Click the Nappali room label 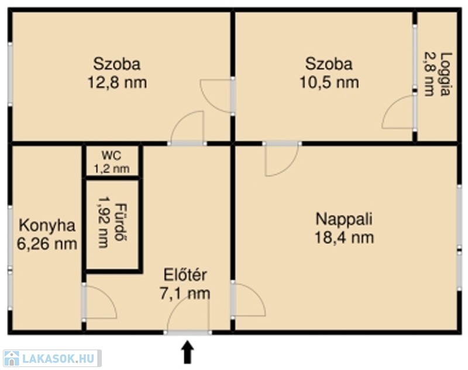tap(344, 219)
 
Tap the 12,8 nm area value tap(117, 82)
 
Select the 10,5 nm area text tap(329, 82)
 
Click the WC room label tap(111, 155)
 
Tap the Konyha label tap(47, 226)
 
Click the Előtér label tap(185, 275)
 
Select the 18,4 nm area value tap(344, 238)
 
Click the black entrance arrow tap(187, 352)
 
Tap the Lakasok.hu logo tap(51, 358)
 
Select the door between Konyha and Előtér tap(99, 302)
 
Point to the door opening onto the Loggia tap(398, 112)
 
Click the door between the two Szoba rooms tap(216, 96)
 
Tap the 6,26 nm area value tap(47, 244)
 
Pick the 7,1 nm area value tap(185, 293)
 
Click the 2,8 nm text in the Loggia tap(429, 74)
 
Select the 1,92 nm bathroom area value tap(104, 222)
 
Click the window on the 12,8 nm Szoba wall tap(10, 74)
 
